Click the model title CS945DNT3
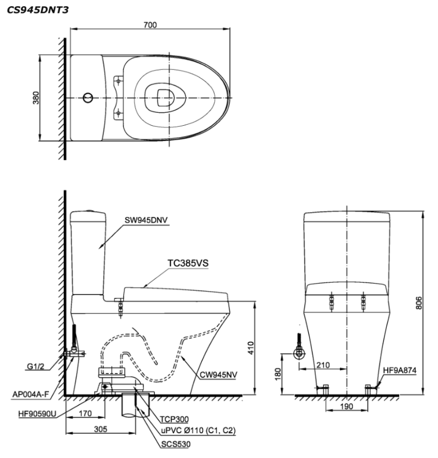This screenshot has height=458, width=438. pos(34,10)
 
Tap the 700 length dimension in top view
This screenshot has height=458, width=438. pos(150,24)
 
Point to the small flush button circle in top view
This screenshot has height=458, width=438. pos(87,98)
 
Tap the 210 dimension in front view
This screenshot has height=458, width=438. pos(322,365)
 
